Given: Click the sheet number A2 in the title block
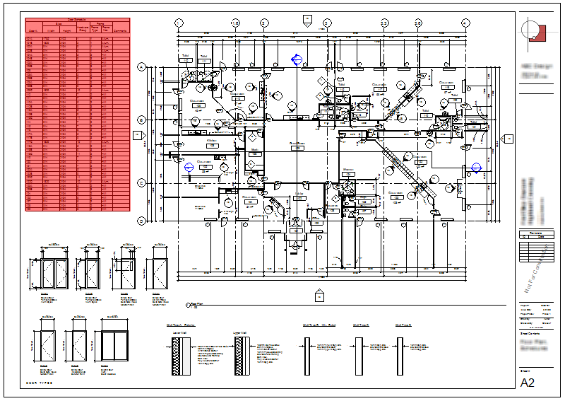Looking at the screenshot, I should click(528, 383).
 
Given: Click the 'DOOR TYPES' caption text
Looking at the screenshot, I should click(40, 382).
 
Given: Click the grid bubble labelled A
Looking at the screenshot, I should click(141, 67).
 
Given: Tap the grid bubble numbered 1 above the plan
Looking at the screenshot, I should click(179, 23).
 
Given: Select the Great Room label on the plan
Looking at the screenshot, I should click(297, 143).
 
